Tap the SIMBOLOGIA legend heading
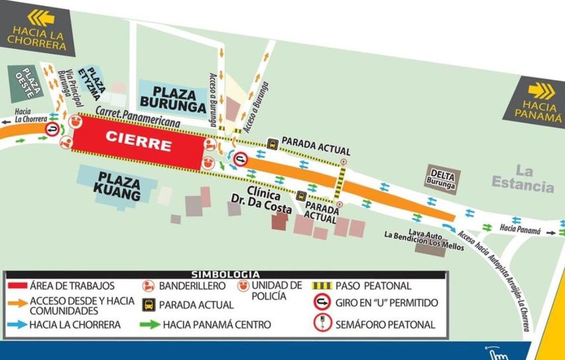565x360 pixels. (225, 274)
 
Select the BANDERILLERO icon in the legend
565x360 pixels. (149, 287)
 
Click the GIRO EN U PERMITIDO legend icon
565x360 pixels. (322, 304)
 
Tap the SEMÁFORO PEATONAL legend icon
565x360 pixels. (322, 324)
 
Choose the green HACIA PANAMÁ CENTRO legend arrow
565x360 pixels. (150, 324)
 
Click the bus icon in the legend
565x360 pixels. (149, 305)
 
